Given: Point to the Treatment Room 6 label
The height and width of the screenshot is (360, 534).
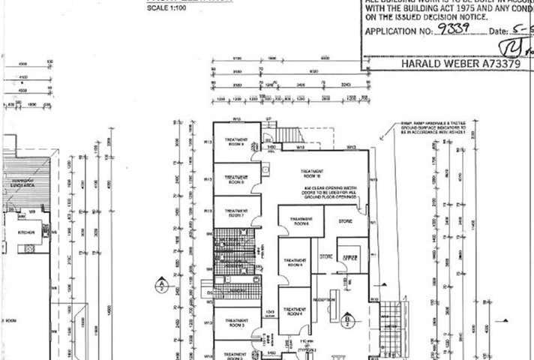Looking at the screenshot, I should pos(301,222).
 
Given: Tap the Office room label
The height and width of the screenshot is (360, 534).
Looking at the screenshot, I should pos(348,256).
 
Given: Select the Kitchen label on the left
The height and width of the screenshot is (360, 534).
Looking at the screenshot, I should pos(26,232).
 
